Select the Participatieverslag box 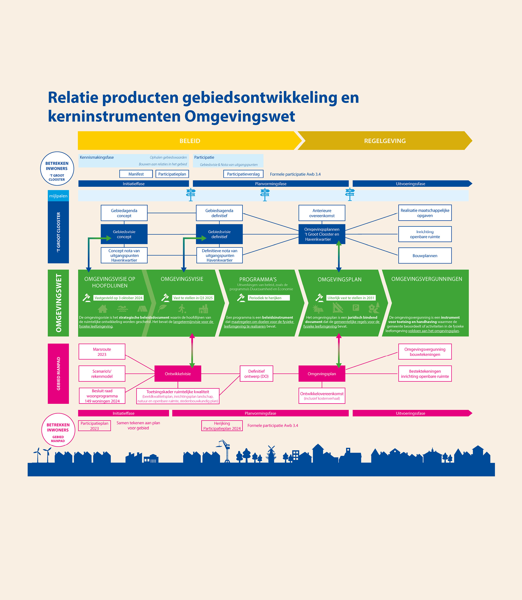tap(243, 174)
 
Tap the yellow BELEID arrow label tap(190, 141)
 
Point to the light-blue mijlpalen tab tap(58, 196)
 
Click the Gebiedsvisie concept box tap(124, 234)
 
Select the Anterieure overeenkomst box tap(322, 213)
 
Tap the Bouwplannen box tap(425, 255)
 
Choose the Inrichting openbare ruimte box tap(425, 234)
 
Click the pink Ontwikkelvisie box tap(178, 374)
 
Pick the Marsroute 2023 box tap(102, 352)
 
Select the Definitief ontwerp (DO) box tap(256, 374)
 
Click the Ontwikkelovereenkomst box tap(322, 395)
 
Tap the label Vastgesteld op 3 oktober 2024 tap(118, 298)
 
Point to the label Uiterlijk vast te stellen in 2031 tap(351, 298)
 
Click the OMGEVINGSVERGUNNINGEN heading tap(426, 279)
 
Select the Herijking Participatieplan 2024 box tap(222, 426)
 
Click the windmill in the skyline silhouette tap(271, 453)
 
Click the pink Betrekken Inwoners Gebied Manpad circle tap(58, 430)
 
